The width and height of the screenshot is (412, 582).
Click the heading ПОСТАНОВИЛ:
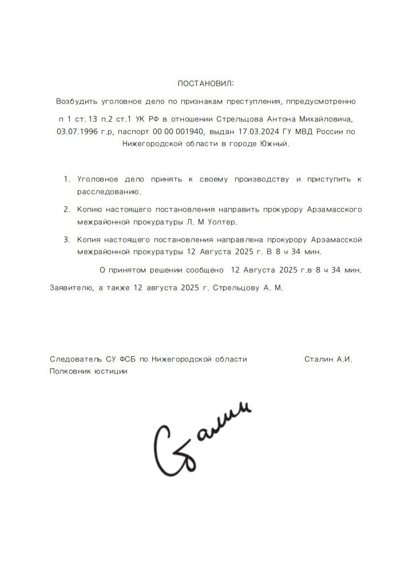[206, 83]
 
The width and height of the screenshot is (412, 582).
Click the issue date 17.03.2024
[258, 131]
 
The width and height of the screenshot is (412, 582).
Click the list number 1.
[66, 180]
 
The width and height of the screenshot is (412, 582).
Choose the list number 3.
[66, 239]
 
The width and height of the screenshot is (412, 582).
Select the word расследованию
[109, 192]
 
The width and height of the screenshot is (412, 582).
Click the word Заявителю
[72, 288]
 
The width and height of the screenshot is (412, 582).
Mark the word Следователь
[77, 359]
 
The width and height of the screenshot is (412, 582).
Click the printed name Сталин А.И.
[328, 359]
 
